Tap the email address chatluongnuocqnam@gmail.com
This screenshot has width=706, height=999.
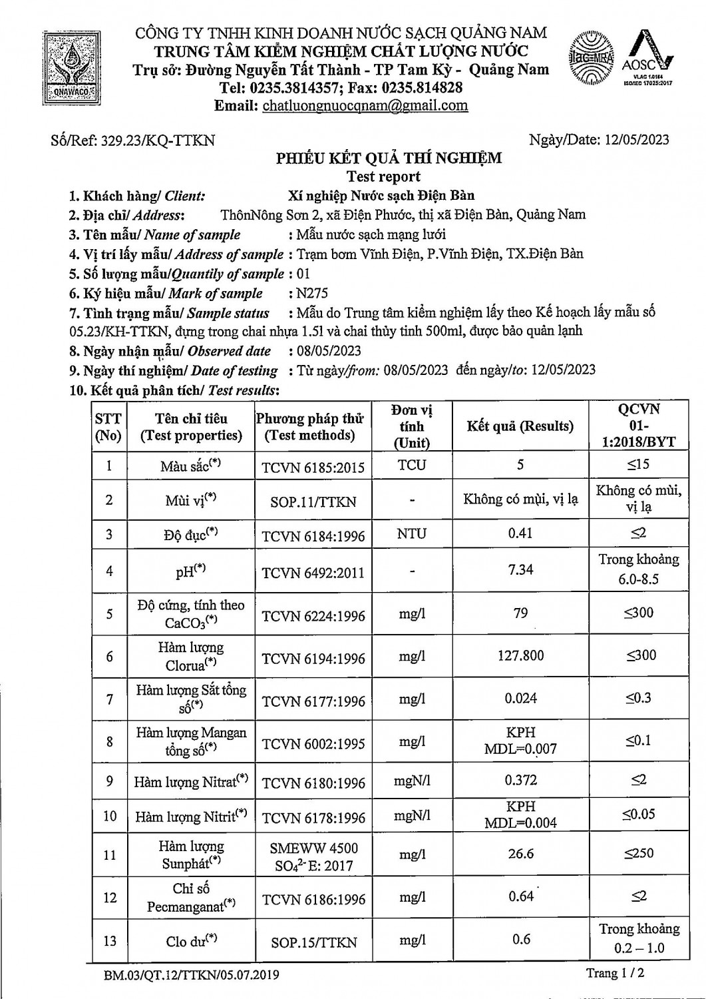click(x=365, y=105)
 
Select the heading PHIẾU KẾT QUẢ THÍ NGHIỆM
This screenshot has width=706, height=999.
click(x=389, y=158)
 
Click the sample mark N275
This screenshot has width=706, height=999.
click(x=312, y=293)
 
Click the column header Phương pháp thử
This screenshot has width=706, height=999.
click(x=309, y=427)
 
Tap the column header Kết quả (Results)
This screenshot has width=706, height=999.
click(x=520, y=426)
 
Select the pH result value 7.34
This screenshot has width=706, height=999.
click(x=520, y=569)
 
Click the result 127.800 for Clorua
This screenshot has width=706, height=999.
click(x=520, y=655)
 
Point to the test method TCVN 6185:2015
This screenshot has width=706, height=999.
click(x=313, y=468)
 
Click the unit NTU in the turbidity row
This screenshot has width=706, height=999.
click(x=411, y=533)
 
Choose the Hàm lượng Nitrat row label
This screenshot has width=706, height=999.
click(x=190, y=781)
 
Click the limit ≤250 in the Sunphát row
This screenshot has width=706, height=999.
click(x=639, y=853)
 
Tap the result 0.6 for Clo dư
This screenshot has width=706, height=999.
click(x=521, y=939)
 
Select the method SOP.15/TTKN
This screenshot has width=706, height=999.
click(x=313, y=942)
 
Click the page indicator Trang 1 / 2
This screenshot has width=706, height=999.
click(x=615, y=973)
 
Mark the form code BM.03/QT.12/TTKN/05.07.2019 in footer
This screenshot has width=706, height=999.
click(x=192, y=976)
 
